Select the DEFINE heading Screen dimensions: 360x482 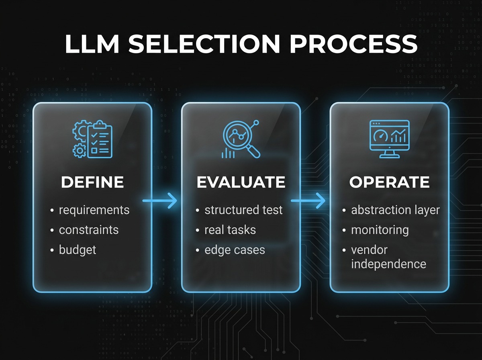tap(92, 182)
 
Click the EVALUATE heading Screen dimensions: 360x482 tap(241, 182)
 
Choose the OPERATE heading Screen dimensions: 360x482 tap(389, 182)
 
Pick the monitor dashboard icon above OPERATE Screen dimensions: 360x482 tap(389, 138)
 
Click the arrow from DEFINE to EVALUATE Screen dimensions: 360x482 tap(160, 200)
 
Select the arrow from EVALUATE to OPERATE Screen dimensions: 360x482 tap(308, 200)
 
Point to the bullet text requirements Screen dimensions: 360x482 tap(94, 210)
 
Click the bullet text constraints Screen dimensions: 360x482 tap(89, 230)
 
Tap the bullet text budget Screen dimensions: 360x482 tap(78, 250)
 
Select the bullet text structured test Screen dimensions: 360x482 tap(243, 210)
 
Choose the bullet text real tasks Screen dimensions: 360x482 tap(230, 230)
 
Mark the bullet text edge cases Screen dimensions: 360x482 tap(235, 250)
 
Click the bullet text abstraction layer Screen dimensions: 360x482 tap(395, 210)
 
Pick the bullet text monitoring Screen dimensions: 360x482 tap(380, 230)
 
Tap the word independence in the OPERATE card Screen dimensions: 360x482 tap(388, 264)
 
